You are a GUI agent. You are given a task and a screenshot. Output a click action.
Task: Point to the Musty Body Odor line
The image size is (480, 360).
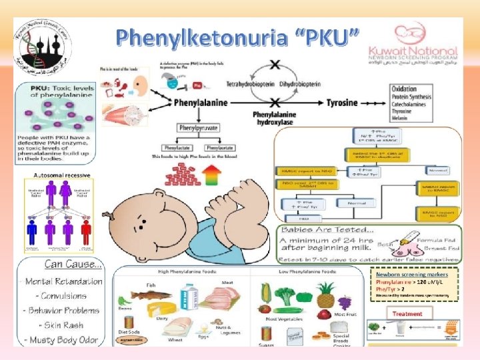(x=61, y=339)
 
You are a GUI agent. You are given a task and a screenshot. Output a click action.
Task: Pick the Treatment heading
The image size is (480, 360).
(x=407, y=313)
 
